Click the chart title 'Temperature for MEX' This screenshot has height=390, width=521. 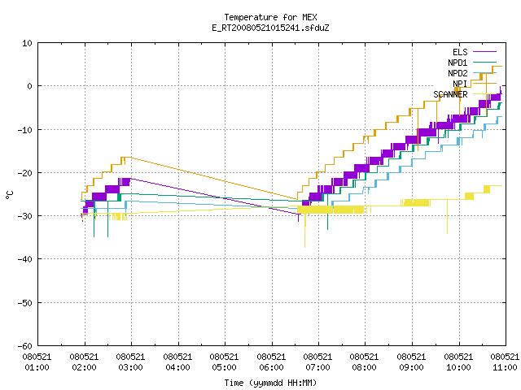(270, 17)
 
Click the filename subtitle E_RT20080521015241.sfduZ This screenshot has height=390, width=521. (270, 28)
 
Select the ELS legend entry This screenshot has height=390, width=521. (460, 52)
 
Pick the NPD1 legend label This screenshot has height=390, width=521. (458, 63)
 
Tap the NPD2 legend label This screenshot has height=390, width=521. (458, 73)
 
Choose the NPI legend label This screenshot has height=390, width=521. (460, 84)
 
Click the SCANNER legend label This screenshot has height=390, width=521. (450, 94)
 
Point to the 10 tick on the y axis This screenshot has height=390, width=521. (28, 43)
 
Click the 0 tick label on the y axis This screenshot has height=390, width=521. (30, 86)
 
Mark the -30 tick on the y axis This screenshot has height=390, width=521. (25, 216)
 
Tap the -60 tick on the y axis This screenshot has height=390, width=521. (25, 346)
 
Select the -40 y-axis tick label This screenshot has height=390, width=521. (25, 259)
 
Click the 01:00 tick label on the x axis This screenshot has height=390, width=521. (37, 362)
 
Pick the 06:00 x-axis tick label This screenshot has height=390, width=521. (271, 362)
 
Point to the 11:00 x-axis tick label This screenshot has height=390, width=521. (505, 362)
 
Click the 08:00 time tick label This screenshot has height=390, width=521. (365, 362)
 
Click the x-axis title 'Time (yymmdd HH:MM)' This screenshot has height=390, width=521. (270, 383)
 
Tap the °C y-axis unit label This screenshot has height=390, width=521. (9, 195)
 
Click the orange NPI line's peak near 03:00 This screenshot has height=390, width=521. (131, 157)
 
